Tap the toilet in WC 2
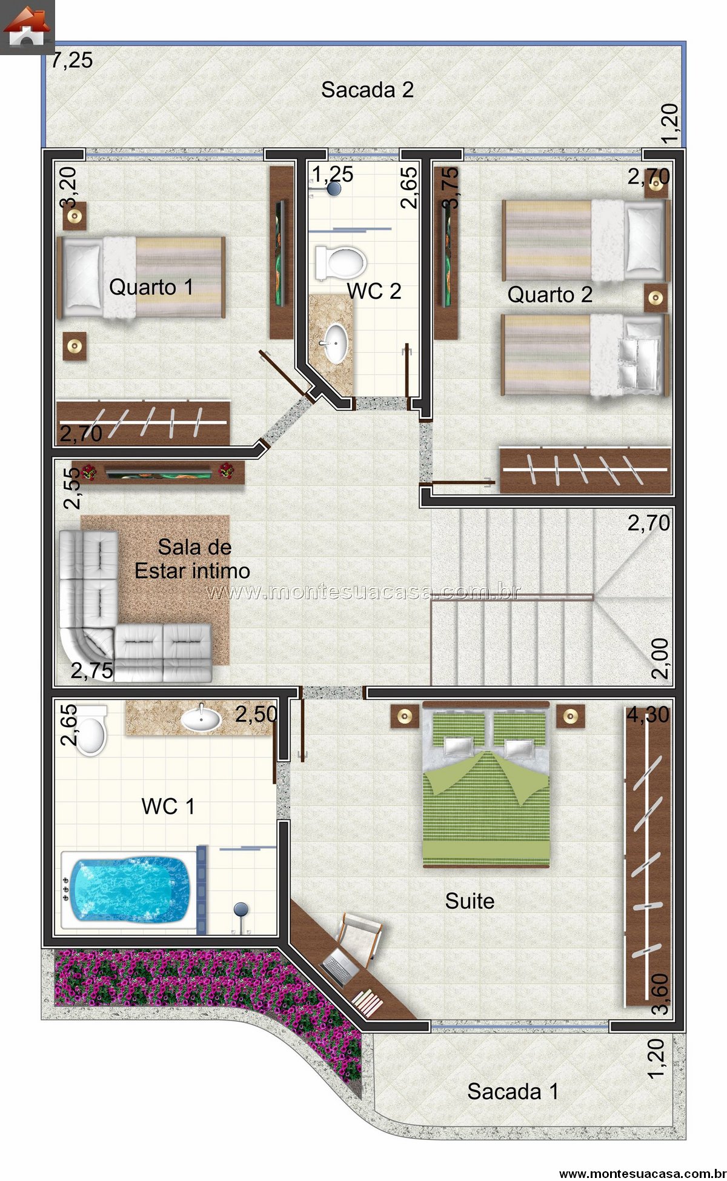(x=340, y=262)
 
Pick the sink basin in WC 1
(x=201, y=719)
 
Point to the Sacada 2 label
(x=367, y=90)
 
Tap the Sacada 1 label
(x=513, y=1091)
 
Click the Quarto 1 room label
(x=151, y=287)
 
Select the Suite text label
(x=470, y=901)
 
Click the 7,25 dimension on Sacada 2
(x=71, y=61)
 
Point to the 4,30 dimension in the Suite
(x=648, y=715)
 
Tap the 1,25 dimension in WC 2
(x=333, y=174)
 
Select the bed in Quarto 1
(x=141, y=277)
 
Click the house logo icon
(x=27, y=27)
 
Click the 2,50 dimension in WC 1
(x=256, y=714)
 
